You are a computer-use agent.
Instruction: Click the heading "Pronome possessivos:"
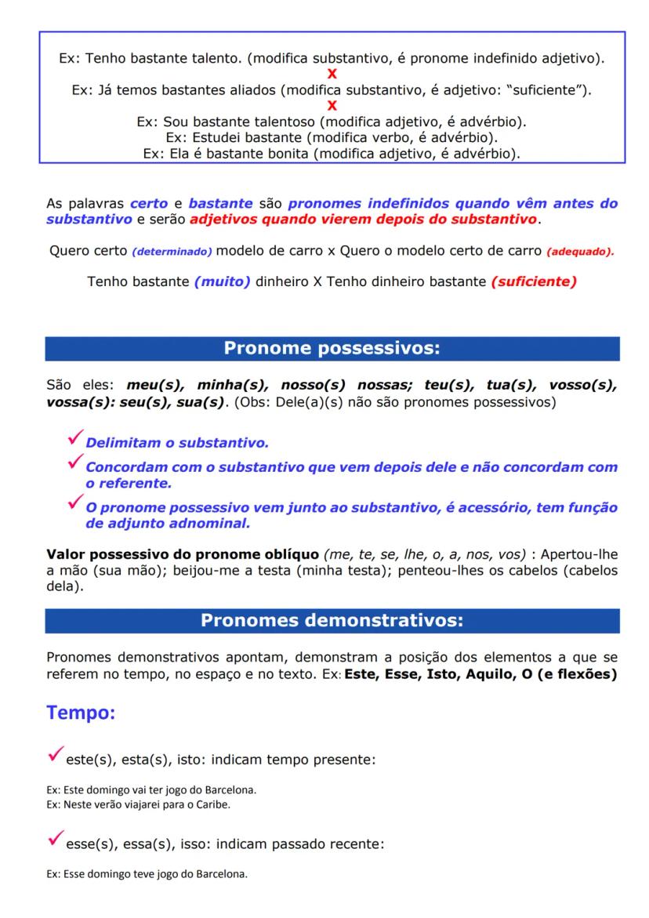332,349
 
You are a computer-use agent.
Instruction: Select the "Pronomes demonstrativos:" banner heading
332,621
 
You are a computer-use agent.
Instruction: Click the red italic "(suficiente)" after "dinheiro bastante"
534,282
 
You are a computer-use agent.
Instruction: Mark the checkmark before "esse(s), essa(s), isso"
54,840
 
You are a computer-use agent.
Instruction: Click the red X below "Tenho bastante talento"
332,74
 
